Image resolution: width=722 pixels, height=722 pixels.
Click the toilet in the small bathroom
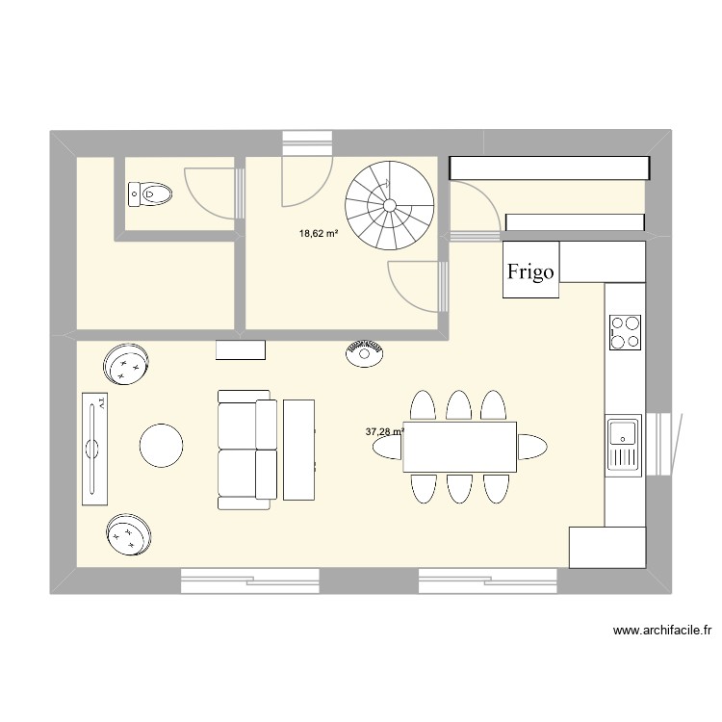150,194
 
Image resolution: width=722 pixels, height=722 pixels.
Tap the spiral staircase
389,205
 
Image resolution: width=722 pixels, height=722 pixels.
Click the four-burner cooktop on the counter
626,331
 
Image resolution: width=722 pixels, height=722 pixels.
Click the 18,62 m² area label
319,233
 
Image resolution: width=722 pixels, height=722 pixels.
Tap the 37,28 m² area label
383,432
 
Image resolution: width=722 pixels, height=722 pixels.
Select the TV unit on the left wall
94,449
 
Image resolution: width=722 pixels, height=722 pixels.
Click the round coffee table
161,446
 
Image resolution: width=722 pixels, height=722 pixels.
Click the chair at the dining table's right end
532,447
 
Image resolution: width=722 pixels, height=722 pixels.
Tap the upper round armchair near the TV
128,365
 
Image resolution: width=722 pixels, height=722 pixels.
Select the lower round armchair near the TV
129,533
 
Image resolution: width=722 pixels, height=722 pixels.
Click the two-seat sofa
245,449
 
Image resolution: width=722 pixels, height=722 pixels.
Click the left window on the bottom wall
249,580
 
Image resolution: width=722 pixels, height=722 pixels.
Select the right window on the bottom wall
487,580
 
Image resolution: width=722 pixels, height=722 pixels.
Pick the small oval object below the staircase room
365,352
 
